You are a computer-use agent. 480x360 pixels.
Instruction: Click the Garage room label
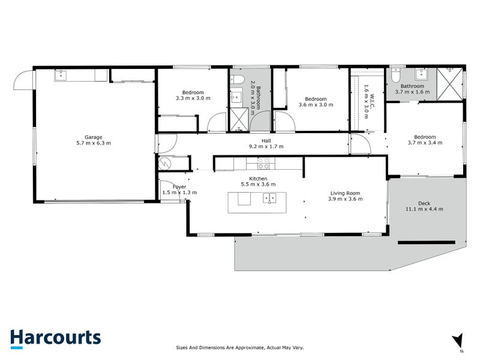pos(94,137)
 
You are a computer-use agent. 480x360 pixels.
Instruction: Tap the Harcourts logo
pos(55,339)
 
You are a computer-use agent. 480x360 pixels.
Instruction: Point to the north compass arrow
pos(458,340)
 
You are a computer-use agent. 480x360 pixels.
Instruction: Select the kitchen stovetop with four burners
pos(263,163)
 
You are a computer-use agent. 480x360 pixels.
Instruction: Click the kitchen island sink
pos(269,198)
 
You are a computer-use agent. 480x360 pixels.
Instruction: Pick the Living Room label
pos(345,193)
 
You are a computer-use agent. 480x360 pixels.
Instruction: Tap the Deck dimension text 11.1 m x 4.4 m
pos(424,209)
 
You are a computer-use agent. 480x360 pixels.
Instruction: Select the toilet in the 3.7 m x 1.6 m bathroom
pos(396,74)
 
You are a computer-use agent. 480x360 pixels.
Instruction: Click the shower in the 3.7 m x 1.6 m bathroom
pos(449,84)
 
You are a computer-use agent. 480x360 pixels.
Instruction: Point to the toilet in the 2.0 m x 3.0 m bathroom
pos(238,80)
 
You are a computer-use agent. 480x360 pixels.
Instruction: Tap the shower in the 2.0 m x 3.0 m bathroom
pos(239,119)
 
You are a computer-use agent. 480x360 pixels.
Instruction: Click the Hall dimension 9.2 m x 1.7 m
pos(266,146)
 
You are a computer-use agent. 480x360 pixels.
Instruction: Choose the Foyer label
pos(179,187)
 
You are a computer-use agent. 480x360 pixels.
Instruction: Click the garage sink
pos(61,74)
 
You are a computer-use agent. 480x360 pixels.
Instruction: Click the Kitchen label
pos(258,178)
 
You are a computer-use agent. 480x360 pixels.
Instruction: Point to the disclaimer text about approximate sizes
pos(239,347)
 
